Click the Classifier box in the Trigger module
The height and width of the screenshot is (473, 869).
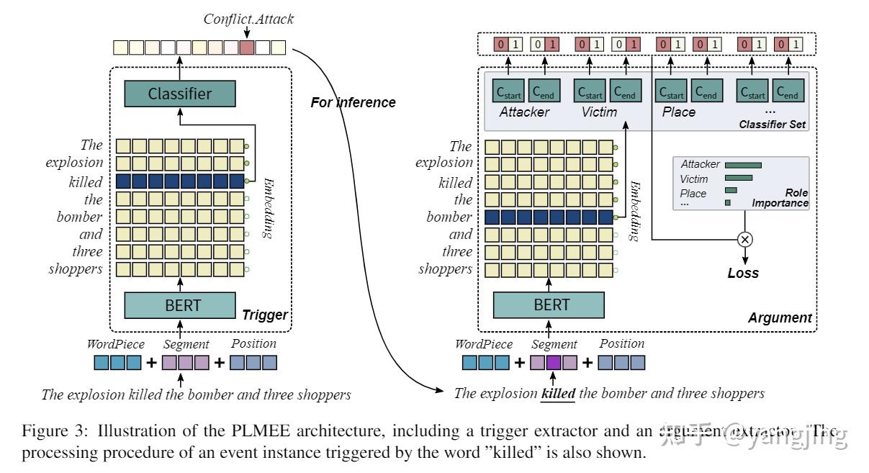coord(179,94)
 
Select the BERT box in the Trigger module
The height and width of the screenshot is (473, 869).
coord(179,305)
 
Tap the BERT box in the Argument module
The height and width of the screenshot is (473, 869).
coord(548,305)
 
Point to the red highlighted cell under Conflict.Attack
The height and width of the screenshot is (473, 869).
coord(246,48)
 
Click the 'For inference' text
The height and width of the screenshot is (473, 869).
coord(353,102)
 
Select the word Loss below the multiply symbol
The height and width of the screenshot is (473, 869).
coord(743,273)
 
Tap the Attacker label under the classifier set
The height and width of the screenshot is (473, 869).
coord(524,112)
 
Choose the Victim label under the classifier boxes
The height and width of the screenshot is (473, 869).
coord(599,112)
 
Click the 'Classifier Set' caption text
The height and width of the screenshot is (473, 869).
coord(773,125)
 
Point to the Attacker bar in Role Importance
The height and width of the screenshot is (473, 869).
coord(743,165)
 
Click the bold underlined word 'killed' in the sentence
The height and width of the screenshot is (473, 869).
coord(558,393)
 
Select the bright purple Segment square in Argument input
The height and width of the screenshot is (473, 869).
coord(553,362)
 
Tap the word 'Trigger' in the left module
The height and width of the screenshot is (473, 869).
coord(264,315)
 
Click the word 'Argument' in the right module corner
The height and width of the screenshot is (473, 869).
coord(779,317)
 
